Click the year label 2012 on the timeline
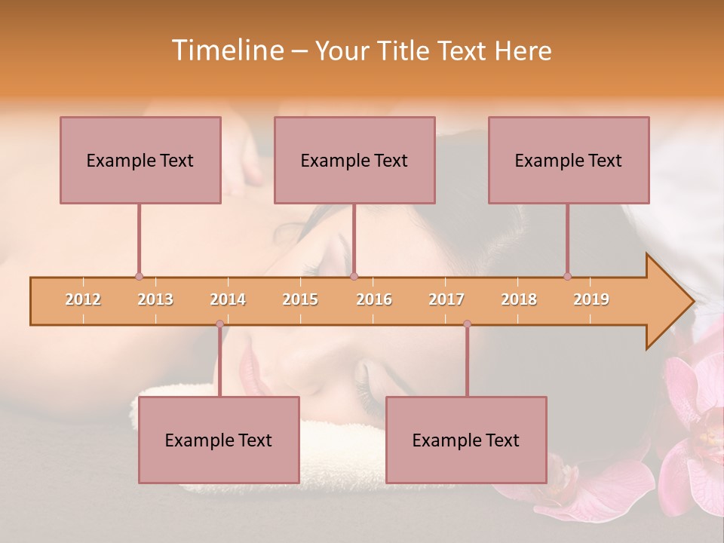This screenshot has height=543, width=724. point(83,299)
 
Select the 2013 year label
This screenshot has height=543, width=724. point(155,299)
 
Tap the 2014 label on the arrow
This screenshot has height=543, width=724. point(228,299)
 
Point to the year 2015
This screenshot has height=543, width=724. point(300,299)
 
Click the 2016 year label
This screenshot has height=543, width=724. point(374,299)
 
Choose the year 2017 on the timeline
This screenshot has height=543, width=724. point(446,299)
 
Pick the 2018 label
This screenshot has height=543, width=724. point(519,299)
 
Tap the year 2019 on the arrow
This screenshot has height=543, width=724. point(591,299)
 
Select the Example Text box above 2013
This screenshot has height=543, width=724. point(140,160)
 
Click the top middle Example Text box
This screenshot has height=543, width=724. point(354,160)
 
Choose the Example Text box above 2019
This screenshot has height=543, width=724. point(569,160)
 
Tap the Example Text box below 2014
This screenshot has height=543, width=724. point(219,440)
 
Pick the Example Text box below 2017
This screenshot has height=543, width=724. point(466,440)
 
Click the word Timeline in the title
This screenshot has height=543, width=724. point(226,51)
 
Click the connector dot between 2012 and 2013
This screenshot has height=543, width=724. point(139,277)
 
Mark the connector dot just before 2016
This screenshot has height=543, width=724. point(354,277)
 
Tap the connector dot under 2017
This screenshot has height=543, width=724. point(467,324)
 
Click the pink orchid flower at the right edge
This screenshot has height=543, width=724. point(698,422)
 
